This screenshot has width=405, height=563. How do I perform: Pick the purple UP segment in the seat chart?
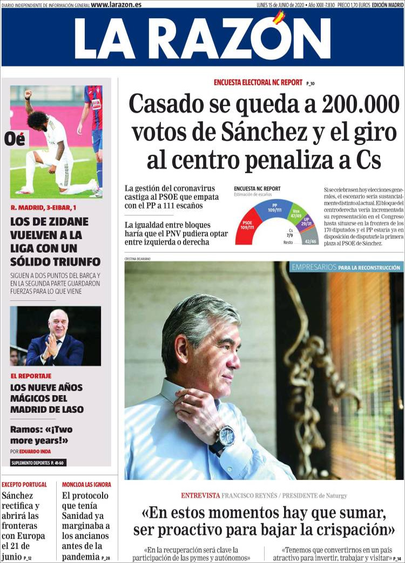[306, 222]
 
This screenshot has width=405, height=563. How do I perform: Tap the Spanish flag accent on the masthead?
[279, 18]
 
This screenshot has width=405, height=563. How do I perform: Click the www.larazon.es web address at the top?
[116, 4]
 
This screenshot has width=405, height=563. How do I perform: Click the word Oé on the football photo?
[15, 139]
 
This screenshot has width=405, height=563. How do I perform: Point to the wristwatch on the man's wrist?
[225, 436]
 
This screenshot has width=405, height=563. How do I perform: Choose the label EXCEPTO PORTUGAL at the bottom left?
[24, 485]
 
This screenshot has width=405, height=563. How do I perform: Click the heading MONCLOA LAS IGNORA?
[86, 485]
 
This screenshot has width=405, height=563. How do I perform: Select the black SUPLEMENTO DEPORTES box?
[38, 462]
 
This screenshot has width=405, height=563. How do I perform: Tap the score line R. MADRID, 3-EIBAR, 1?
[44, 207]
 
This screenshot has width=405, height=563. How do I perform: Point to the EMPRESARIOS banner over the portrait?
[346, 267]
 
